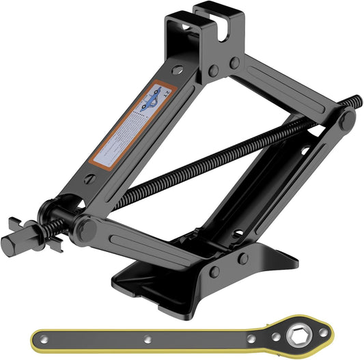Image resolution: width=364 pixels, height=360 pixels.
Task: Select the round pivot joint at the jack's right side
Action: pos(346,121)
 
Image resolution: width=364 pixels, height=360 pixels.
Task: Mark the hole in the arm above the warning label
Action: pos(177,70)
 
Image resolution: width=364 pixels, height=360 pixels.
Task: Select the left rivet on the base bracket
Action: pos(214,271)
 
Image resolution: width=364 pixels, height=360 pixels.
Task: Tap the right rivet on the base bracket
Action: pos(243,258)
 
